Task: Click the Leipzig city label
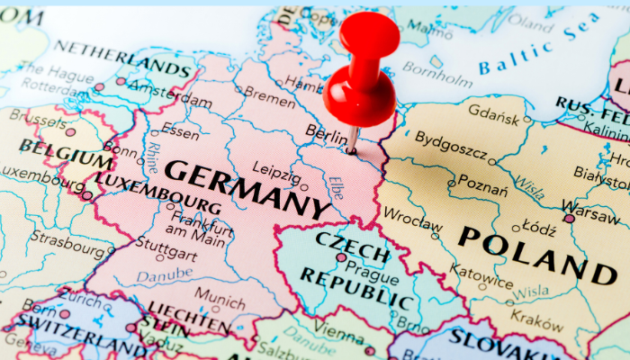[276, 168]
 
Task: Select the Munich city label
[220, 294]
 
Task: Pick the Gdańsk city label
[493, 117]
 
